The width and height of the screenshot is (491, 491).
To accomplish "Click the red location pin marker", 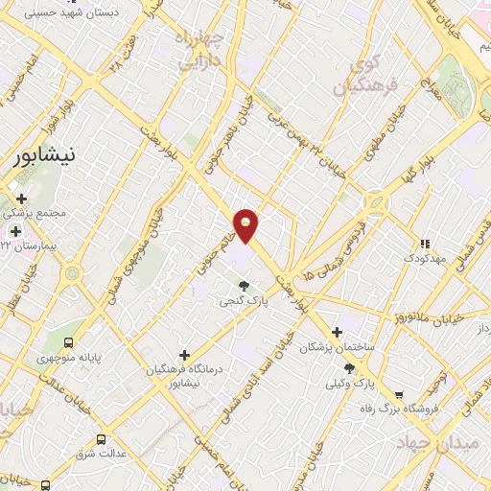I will pos(246,224).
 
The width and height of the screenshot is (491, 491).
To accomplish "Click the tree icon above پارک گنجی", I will pos(245,285).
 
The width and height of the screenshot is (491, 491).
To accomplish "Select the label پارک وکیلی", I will pos(376,384).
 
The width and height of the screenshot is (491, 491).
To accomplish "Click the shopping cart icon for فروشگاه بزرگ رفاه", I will pos(399,393).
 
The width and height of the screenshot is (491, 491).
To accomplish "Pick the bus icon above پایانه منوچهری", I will pos(68,342).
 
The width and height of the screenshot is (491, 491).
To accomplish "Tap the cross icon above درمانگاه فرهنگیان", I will pos(184,355).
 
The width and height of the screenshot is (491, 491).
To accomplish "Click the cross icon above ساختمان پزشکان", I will pos(334,333).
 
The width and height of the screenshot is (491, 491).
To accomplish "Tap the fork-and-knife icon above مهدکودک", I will pos(425,244).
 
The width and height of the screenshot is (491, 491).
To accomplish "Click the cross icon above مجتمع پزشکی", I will pos(21,199).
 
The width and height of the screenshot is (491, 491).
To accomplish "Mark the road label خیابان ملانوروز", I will pos(456,316).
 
